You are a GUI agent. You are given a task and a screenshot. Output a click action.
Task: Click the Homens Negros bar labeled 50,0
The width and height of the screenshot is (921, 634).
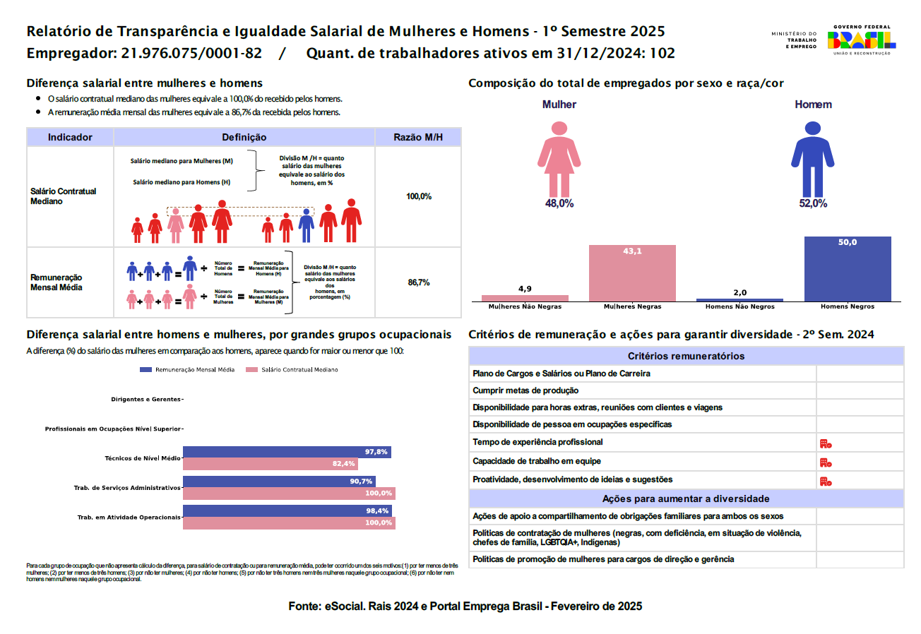[847, 269]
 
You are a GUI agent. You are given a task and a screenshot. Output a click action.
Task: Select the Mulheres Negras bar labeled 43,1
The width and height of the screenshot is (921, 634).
[632, 274]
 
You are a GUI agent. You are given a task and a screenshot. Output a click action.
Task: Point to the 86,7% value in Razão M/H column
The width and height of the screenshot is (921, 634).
[419, 282]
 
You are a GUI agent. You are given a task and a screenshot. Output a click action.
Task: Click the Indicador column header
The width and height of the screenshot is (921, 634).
[70, 138]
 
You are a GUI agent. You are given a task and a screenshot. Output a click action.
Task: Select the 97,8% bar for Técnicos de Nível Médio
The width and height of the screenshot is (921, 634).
[287, 453]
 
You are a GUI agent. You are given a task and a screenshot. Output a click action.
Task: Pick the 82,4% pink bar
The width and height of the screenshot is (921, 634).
[270, 464]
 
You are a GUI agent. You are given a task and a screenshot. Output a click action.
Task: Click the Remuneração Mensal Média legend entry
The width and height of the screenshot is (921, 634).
[188, 370]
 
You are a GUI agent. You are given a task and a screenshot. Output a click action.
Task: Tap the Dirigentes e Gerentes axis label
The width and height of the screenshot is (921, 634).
[146, 400]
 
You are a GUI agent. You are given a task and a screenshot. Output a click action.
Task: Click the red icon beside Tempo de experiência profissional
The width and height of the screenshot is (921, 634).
[825, 443]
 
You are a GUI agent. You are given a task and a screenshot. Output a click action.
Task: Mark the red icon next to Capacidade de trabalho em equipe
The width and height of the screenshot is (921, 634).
[825, 462]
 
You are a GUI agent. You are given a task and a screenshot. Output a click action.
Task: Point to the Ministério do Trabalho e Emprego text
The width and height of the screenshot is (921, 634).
[793, 40]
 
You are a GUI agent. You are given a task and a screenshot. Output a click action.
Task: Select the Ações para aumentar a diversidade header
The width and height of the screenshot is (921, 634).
[685, 498]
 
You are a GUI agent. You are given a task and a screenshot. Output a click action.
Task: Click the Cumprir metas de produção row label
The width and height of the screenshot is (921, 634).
[525, 390]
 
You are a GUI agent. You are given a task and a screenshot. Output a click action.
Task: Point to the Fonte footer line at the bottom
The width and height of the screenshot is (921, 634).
[465, 606]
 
